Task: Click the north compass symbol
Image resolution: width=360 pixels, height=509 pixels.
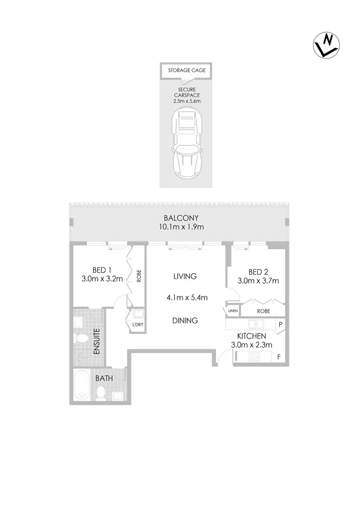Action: coord(327,45)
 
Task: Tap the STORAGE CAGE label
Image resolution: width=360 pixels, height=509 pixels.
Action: coord(187,71)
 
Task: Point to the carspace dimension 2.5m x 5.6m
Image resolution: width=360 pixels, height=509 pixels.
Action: coord(186,101)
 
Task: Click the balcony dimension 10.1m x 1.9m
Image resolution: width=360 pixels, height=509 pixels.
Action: coord(180,227)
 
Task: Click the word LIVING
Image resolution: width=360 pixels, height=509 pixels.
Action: coord(185,276)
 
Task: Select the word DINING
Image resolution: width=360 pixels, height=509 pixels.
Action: coord(185,320)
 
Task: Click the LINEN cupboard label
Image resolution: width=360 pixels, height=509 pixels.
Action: coord(233,311)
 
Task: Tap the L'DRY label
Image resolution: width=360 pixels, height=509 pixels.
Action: coord(137,325)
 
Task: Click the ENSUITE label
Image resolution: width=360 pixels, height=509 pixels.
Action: coord(96,341)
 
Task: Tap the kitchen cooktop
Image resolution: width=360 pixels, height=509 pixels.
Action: coord(253,357)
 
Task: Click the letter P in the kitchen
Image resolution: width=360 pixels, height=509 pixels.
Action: coord(280,324)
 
